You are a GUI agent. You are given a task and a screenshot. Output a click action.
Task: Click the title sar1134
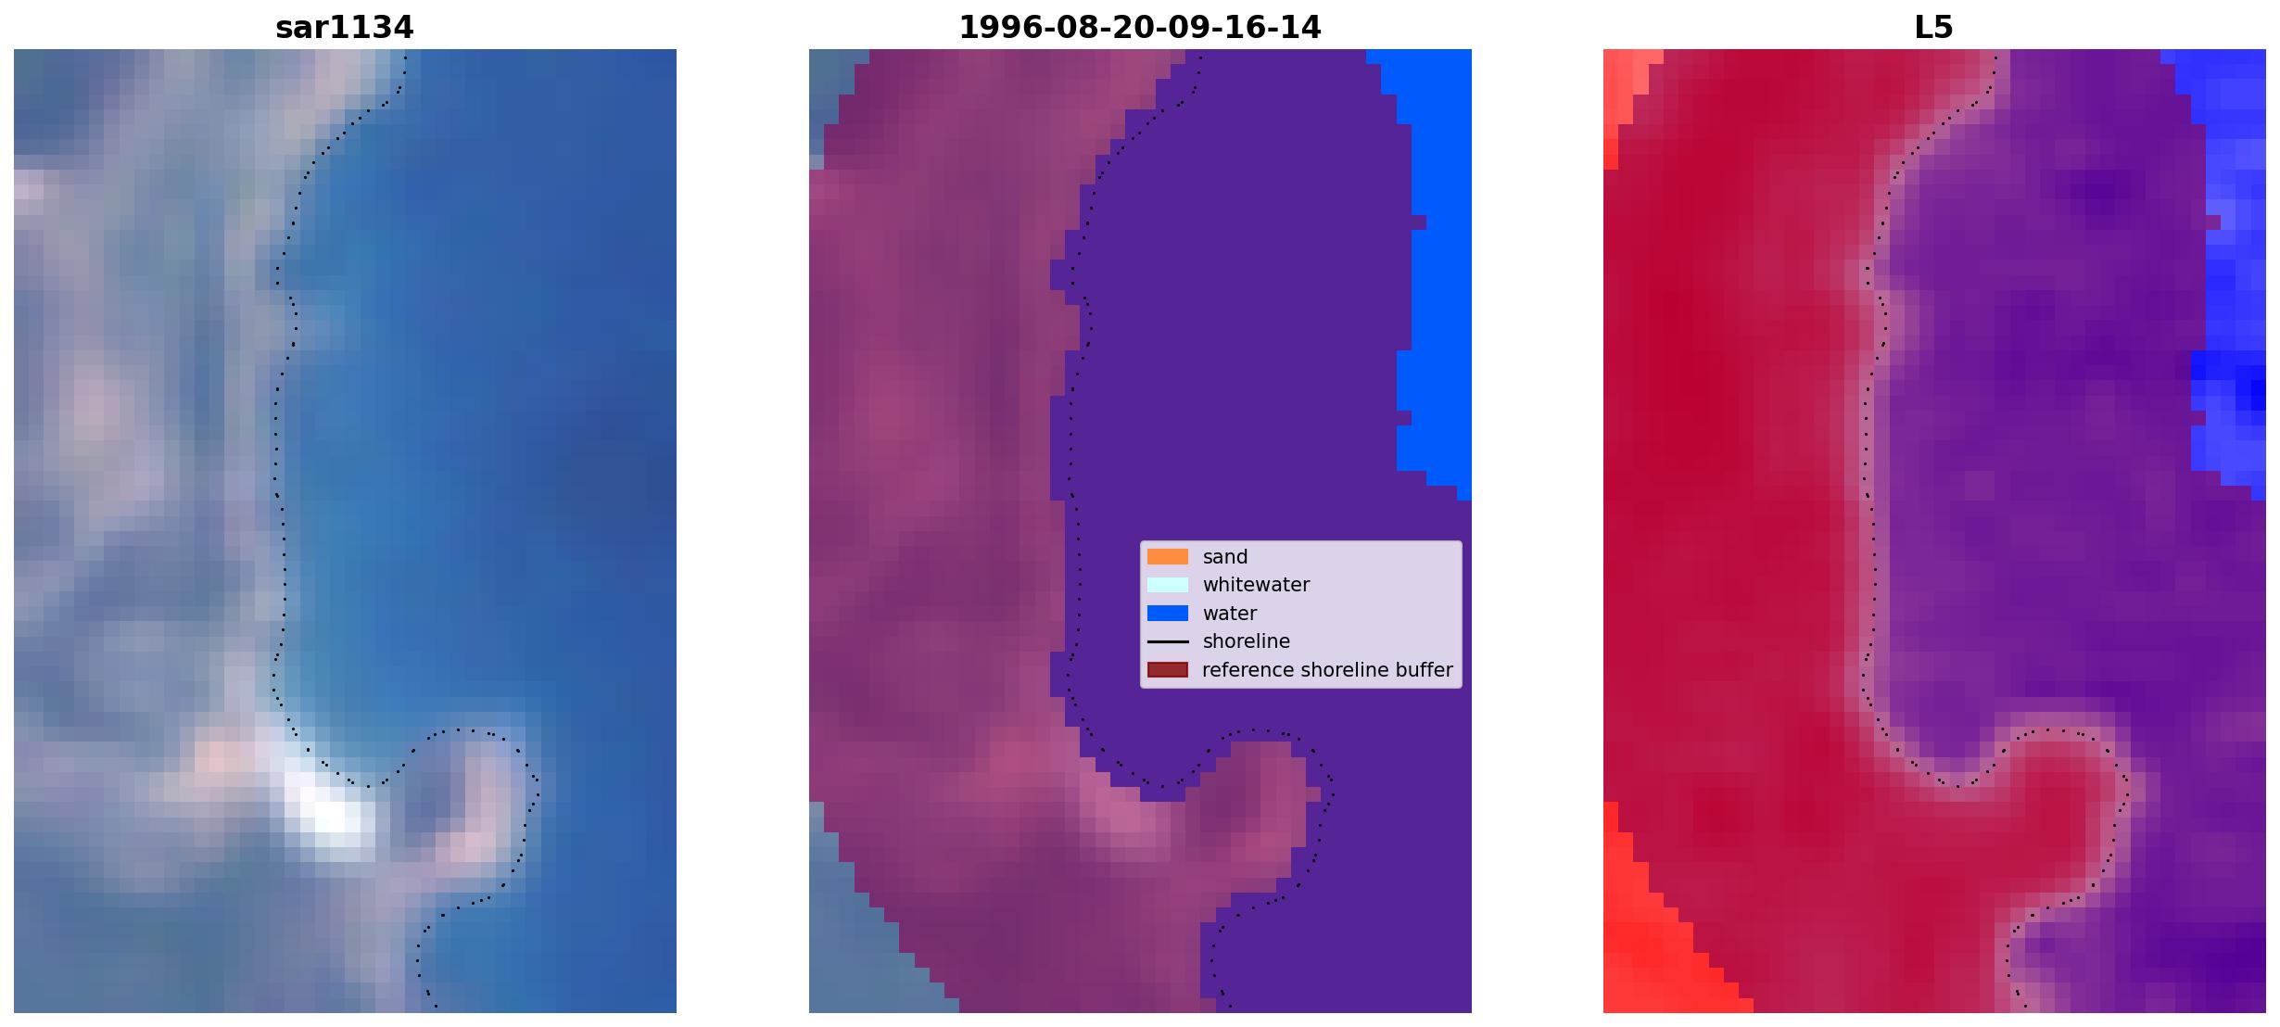[345, 28]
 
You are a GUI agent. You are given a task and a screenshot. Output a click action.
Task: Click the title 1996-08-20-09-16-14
[1140, 28]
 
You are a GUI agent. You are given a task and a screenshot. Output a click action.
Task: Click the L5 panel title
[1934, 28]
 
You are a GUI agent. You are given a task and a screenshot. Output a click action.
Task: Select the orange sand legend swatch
[1168, 557]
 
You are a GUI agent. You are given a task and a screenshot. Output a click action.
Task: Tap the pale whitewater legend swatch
[1168, 585]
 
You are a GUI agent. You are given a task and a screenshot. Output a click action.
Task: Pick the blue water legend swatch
[1168, 614]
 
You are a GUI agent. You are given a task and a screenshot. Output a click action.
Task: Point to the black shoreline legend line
[1168, 641]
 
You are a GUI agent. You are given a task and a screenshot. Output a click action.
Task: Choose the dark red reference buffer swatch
[1168, 670]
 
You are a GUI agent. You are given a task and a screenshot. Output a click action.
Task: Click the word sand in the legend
[1225, 557]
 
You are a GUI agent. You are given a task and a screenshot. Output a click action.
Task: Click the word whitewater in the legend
[1256, 585]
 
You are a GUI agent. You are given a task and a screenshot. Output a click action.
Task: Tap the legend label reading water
[1230, 614]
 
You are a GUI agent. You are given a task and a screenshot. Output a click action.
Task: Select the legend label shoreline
[1247, 641]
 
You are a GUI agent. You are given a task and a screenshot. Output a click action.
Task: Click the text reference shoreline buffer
[1328, 670]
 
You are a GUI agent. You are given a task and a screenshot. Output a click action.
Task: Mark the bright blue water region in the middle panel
[1432, 269]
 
